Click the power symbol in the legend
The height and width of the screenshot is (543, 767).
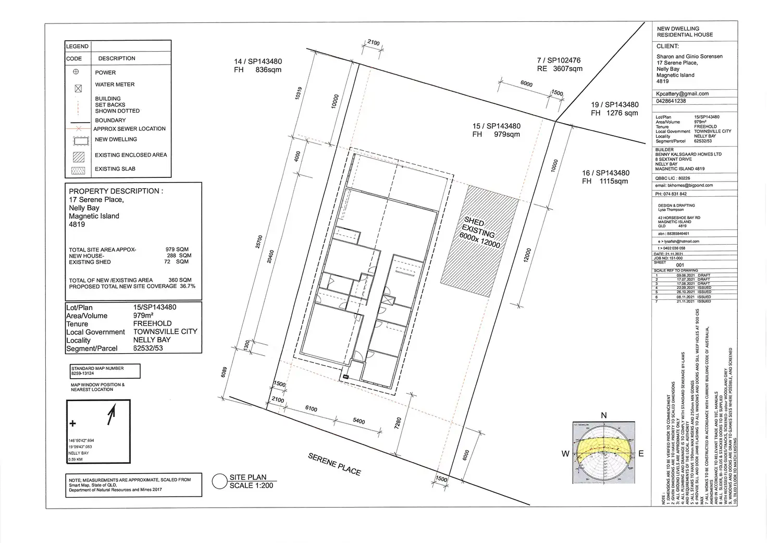coord(76,72)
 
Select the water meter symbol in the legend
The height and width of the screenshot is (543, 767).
coord(78,89)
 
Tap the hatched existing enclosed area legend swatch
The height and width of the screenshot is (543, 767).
coord(78,156)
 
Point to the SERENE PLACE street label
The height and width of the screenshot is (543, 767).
coord(334,464)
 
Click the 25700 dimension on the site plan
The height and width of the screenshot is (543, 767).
coord(259,242)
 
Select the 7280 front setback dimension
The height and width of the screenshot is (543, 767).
coord(398,423)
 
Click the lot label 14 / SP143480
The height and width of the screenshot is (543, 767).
coord(258,62)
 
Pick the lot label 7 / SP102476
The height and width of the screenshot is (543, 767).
coord(559,61)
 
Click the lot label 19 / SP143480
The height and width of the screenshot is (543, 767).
coord(614,105)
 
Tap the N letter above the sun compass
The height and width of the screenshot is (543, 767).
coord(604,416)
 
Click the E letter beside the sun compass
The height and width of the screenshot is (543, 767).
coord(641,454)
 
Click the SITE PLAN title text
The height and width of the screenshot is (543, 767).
coord(248,477)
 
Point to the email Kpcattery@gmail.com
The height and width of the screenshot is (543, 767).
coord(683,94)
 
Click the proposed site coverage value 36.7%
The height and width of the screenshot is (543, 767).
coord(188,286)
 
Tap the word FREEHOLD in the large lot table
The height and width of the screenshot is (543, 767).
coord(153,323)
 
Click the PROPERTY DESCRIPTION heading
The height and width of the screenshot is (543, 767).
coord(116,191)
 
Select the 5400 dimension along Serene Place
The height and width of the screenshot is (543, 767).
coord(359,421)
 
